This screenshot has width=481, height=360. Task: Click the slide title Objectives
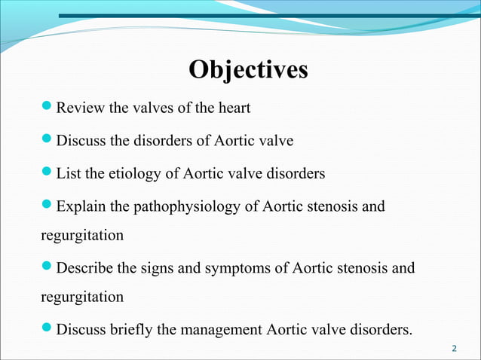pos(248,70)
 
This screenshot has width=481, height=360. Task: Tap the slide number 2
pos(454,348)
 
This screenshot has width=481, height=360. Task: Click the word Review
pos(81,108)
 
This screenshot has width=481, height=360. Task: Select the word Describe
pos(87,267)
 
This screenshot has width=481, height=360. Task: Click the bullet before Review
pos(47,108)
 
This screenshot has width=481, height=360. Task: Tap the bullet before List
pos(47,173)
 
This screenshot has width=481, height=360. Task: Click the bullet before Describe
pos(47,267)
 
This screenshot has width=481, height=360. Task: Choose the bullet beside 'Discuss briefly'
pos(47,328)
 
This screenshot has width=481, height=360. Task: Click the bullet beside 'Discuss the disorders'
pos(47,140)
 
